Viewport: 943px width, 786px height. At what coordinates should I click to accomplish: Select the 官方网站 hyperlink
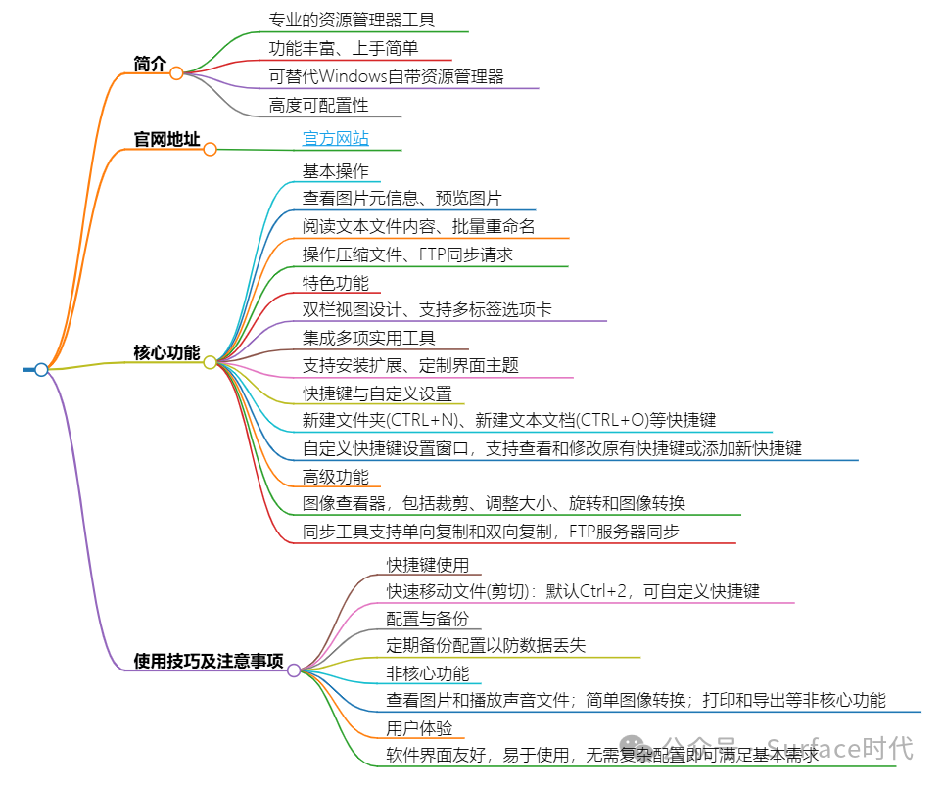336,139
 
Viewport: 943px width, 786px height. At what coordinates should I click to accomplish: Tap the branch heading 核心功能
166,352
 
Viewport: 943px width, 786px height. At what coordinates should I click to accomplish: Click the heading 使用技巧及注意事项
209,661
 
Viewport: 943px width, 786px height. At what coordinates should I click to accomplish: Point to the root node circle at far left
41,369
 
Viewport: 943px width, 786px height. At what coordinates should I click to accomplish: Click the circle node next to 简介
176,72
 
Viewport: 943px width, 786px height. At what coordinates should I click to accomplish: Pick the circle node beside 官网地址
210,149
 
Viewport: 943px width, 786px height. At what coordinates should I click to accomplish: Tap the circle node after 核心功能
210,362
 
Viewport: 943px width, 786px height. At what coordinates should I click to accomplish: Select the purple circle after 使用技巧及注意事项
294,670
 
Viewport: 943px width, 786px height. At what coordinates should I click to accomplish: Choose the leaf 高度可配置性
318,105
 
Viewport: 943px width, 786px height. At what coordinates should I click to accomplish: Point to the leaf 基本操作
336,171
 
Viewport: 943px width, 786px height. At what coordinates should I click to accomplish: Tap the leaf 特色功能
336,283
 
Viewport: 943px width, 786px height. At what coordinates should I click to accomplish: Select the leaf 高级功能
336,477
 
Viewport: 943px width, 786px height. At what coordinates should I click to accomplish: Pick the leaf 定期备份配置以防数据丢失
486,646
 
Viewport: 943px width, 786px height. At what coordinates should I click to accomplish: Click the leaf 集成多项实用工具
369,338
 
